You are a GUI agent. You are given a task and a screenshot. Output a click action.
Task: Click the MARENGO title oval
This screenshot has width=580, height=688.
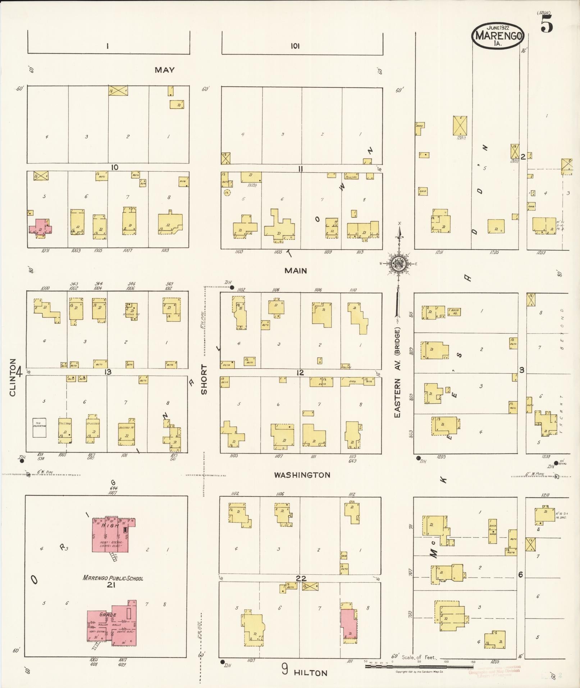coord(498,36)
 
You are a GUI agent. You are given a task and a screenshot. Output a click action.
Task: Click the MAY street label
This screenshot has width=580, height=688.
coord(165,70)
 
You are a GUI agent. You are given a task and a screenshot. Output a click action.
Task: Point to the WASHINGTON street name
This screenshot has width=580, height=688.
coord(302,475)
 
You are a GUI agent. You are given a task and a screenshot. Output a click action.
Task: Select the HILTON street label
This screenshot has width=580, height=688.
coord(310,673)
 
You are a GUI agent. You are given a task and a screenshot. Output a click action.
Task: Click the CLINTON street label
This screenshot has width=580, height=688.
coord(13,377)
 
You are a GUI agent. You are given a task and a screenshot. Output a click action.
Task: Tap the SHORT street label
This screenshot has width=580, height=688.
coord(204,379)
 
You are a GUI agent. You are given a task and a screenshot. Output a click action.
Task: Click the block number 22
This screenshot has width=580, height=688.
coord(301,578)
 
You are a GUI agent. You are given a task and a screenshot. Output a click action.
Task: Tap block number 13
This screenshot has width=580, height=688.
coord(108,372)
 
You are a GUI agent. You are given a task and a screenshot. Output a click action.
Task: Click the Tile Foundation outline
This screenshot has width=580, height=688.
coord(39,427)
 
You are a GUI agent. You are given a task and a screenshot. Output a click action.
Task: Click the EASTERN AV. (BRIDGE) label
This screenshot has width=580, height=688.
coord(397,372)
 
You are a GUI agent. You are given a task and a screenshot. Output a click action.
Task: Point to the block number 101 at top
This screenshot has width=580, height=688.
coord(295,46)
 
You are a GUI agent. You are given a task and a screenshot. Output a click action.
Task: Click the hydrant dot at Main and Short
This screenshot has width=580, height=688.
coord(232,287)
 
